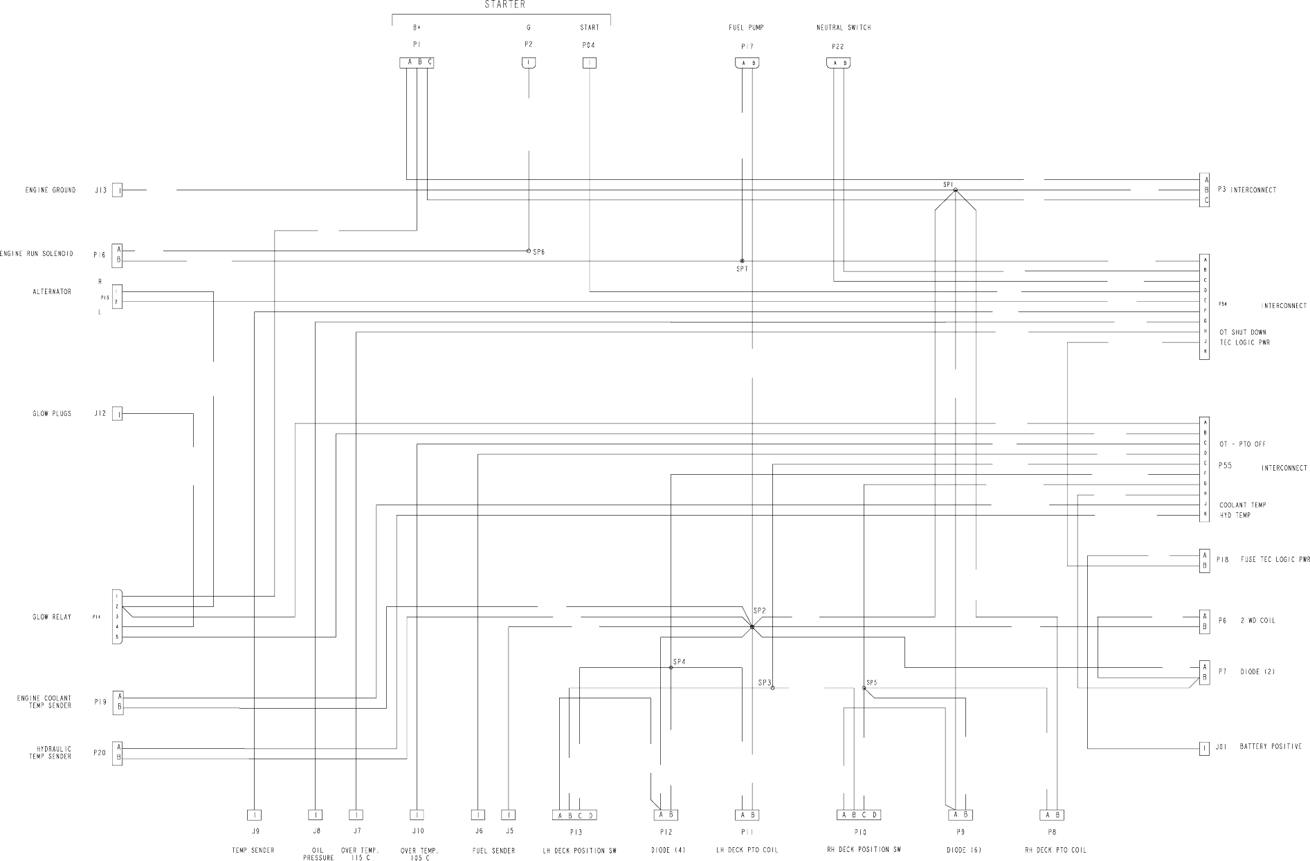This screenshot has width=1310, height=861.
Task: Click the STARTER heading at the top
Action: point(504,5)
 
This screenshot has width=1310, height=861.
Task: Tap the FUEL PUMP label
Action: point(746,28)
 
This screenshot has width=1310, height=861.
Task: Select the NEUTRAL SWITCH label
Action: point(844,28)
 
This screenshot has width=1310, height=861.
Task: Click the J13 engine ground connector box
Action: point(118,190)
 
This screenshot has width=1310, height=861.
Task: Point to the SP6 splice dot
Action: point(529,251)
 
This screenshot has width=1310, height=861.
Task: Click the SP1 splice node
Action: point(955,190)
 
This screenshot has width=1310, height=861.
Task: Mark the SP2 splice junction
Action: point(752,627)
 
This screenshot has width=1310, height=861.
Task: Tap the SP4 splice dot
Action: point(671,668)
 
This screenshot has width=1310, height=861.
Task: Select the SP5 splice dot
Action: point(864,688)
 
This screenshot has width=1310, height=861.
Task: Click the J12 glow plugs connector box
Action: point(118,414)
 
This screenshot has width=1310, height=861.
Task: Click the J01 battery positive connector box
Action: point(1205,748)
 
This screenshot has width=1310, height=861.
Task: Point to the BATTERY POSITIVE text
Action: point(1271,747)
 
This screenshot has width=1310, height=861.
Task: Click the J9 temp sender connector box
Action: point(254,815)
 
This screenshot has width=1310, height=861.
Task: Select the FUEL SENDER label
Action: point(493,851)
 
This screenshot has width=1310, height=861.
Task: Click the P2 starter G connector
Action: point(529,63)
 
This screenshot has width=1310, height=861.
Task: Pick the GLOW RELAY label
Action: point(52,617)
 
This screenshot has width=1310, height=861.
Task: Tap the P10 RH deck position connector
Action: point(859,815)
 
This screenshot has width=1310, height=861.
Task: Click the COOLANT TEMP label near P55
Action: point(1243,505)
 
